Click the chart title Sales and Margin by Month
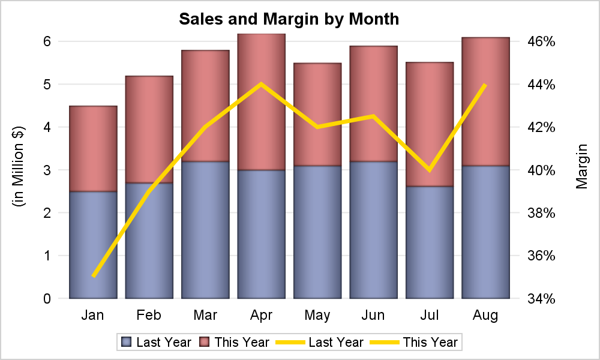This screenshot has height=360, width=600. (x=289, y=19)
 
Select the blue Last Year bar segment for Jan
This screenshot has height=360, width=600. (x=93, y=245)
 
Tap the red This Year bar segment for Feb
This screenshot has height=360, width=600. (x=149, y=130)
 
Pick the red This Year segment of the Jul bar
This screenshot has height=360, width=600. (x=430, y=124)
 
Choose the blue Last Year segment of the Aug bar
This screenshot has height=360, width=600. (x=485, y=232)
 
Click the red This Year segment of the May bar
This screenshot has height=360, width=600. (x=317, y=114)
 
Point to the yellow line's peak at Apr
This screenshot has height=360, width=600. (x=261, y=84)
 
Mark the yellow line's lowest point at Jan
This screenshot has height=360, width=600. (x=94, y=276)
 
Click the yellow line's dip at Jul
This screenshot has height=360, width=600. (x=430, y=170)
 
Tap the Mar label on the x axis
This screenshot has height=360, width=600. (x=205, y=315)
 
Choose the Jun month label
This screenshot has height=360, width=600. (x=373, y=315)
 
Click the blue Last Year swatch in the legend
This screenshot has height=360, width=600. (x=127, y=343)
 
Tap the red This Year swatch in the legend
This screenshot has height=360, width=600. (x=205, y=343)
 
